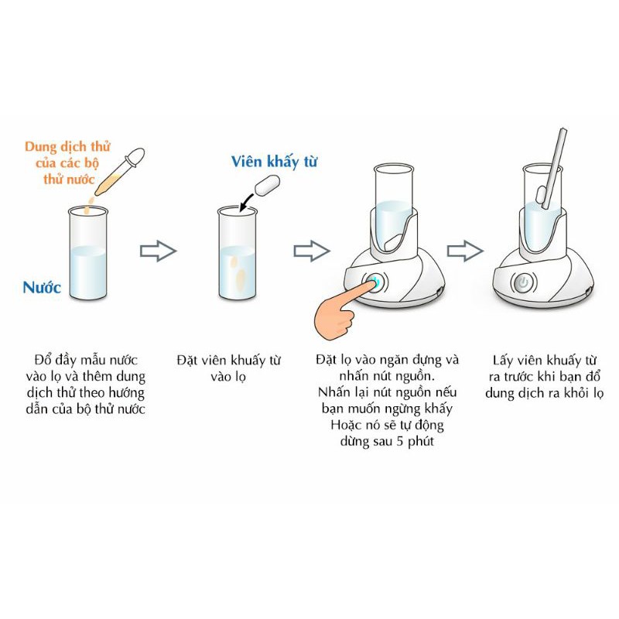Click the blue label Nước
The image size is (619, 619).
tap(42, 287)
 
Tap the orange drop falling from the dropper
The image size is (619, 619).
tap(91, 202)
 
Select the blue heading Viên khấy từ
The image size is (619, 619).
tap(274, 162)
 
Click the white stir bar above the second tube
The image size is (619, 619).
tap(267, 185)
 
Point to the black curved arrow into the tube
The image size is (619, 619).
tap(246, 201)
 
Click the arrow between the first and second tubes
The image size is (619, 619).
tap(159, 251)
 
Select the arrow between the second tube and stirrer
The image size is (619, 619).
tap(312, 251)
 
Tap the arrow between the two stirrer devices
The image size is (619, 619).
tap(465, 251)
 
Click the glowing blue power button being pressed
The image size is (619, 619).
tap(375, 282)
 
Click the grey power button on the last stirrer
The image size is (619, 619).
tap(524, 282)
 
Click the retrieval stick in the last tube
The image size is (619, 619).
tap(555, 168)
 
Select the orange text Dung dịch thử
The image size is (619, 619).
tap(67, 146)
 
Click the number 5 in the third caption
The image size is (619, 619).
tap(399, 441)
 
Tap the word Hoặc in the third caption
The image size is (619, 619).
tap(344, 425)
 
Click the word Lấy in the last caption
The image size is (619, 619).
tap(502, 361)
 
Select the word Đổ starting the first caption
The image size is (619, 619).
tap(43, 360)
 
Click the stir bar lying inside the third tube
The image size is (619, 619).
tap(393, 241)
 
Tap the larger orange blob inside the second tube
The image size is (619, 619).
tap(240, 279)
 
